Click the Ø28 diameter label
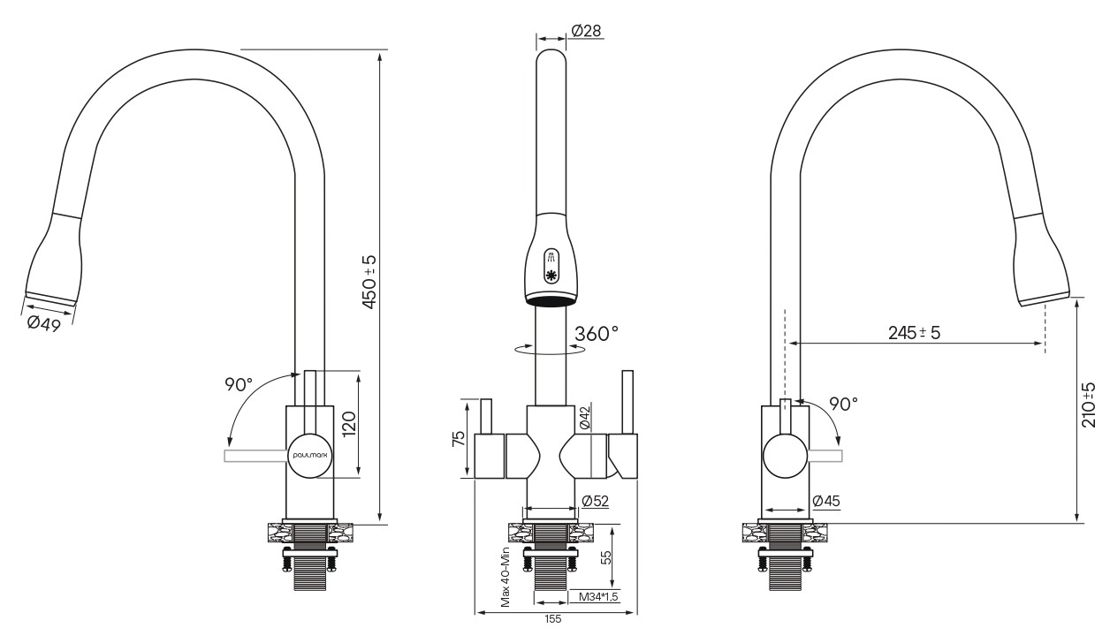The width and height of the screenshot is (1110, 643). coord(586,31)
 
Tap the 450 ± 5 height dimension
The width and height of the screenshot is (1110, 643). coord(369,283)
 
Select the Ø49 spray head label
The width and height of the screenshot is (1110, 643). coord(44,324)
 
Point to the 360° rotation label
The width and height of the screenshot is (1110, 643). coord(597,334)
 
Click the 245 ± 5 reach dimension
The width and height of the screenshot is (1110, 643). coord(914,333)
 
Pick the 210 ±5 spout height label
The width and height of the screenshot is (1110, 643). coord(1089,405)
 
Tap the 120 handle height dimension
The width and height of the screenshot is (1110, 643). coord(349,424)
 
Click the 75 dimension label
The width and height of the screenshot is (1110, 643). coord(459,439)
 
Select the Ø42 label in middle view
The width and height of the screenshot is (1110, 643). coord(584,418)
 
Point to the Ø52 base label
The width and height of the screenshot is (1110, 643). coord(595,502)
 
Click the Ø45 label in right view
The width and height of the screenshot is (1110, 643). coord(826,502)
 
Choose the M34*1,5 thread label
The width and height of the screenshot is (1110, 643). coord(598,597)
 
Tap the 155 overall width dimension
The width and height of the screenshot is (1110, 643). coord(553,619)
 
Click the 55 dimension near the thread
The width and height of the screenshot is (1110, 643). coord(605,558)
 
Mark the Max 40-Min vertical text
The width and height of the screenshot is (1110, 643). coord(505,577)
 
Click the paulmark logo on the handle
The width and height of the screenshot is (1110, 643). coord(309,455)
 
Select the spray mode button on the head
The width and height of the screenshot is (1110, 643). coord(551,267)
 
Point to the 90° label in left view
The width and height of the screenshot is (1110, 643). coord(239,384)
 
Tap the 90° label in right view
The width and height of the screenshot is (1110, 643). coord(843,405)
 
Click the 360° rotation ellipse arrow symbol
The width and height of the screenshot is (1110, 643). coord(550,349)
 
